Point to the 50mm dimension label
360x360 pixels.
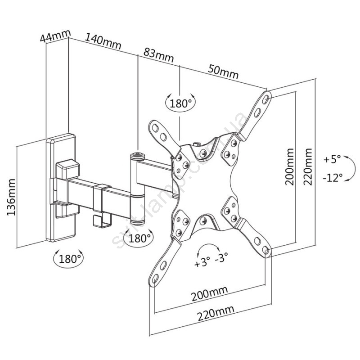[x=223, y=72]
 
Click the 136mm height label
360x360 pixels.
[x=11, y=197]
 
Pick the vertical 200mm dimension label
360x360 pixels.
[x=289, y=166]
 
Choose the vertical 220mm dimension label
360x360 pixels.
[x=308, y=166]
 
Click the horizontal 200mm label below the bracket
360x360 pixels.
[x=210, y=294]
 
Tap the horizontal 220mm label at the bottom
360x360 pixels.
[x=216, y=313]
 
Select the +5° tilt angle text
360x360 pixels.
[x=332, y=159]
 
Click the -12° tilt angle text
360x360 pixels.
[x=333, y=177]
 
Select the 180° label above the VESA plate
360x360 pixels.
[x=181, y=103]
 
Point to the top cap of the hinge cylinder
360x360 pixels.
[x=138, y=156]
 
